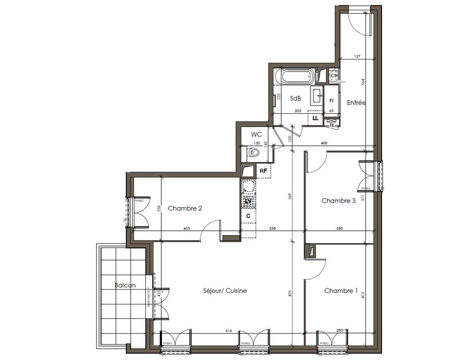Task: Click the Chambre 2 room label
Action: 185,209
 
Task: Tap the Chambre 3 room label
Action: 339,201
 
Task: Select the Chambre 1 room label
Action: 341,291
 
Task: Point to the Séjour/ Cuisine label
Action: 225,291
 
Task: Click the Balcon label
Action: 124,285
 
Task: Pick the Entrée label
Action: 356,103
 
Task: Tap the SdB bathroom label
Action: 295,98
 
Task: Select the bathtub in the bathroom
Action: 295,76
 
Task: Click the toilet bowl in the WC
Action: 253,153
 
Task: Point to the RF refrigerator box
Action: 264,171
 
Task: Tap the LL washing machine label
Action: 315,118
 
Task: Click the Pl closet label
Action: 331,101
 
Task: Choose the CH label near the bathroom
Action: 334,76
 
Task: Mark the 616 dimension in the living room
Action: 228,330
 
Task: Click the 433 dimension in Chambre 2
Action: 186,228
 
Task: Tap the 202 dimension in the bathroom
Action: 297,110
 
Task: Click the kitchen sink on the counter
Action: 248,186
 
